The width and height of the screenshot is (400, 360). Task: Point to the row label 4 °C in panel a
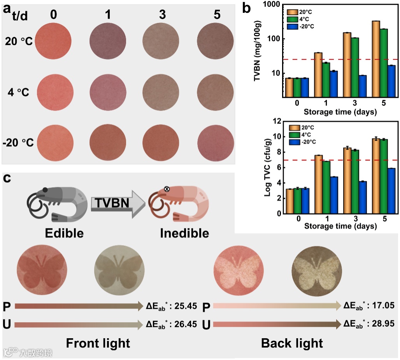point(19,93)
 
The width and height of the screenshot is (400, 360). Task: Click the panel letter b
point(246,9)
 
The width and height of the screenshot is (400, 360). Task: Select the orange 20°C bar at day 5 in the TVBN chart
point(376,58)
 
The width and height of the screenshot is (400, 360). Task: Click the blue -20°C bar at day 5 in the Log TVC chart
point(391,190)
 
